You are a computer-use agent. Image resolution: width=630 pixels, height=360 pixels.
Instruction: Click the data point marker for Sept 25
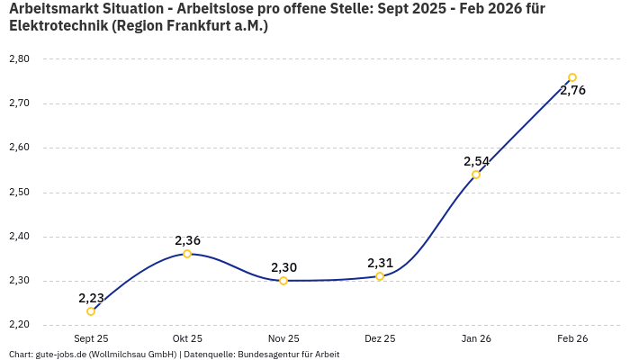pyautogui.click(x=91, y=311)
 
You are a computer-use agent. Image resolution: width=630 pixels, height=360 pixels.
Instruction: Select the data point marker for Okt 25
pyautogui.click(x=187, y=254)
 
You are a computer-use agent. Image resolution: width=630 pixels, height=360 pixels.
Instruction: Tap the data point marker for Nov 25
pyautogui.click(x=283, y=281)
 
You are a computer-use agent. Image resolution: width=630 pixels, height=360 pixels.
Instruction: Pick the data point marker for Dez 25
pyautogui.click(x=380, y=276)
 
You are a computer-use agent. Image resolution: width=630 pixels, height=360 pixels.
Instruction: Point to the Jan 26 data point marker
pyautogui.click(x=476, y=175)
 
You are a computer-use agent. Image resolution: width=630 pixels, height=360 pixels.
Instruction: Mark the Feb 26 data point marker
pyautogui.click(x=572, y=77)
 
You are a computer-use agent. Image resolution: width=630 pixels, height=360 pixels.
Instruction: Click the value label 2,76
pyautogui.click(x=572, y=90)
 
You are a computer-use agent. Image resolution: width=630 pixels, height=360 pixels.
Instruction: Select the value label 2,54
pyautogui.click(x=476, y=161)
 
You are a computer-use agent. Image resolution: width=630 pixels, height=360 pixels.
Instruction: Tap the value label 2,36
pyautogui.click(x=187, y=240)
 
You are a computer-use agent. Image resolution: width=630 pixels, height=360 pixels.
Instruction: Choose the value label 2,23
pyautogui.click(x=91, y=298)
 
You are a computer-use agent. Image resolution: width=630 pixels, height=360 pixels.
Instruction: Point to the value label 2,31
pyautogui.click(x=380, y=263)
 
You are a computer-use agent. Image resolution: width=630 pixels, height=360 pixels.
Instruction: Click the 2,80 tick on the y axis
pyautogui.click(x=19, y=58)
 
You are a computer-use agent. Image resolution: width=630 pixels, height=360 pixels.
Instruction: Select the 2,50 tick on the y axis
pyautogui.click(x=19, y=192)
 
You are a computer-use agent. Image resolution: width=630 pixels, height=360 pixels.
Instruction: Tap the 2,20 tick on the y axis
pyautogui.click(x=19, y=325)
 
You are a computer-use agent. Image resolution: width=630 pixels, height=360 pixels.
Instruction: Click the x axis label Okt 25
pyautogui.click(x=187, y=338)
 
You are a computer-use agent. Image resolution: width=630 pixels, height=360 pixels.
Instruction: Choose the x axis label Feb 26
pyautogui.click(x=572, y=338)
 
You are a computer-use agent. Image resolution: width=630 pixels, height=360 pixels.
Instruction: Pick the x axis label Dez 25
pyautogui.click(x=380, y=338)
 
